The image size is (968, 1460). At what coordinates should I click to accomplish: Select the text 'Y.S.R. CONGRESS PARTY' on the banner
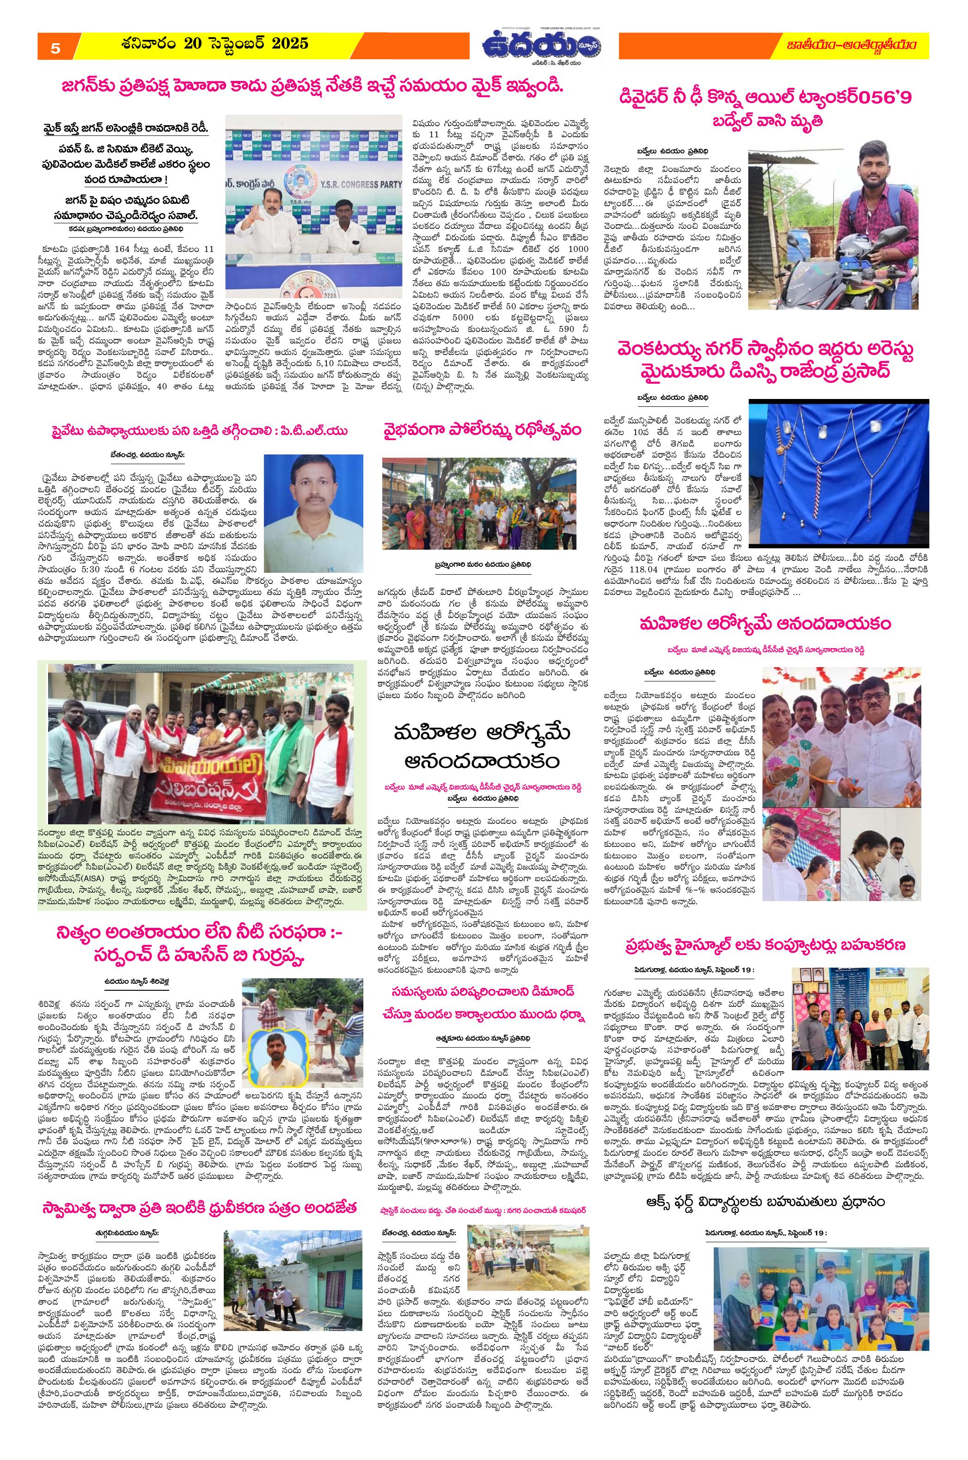coord(355,184)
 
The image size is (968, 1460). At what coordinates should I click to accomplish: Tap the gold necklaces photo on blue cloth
coord(839,473)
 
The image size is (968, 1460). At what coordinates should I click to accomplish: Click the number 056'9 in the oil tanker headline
coord(879,98)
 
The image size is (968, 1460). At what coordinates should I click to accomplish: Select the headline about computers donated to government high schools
coord(764,945)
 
